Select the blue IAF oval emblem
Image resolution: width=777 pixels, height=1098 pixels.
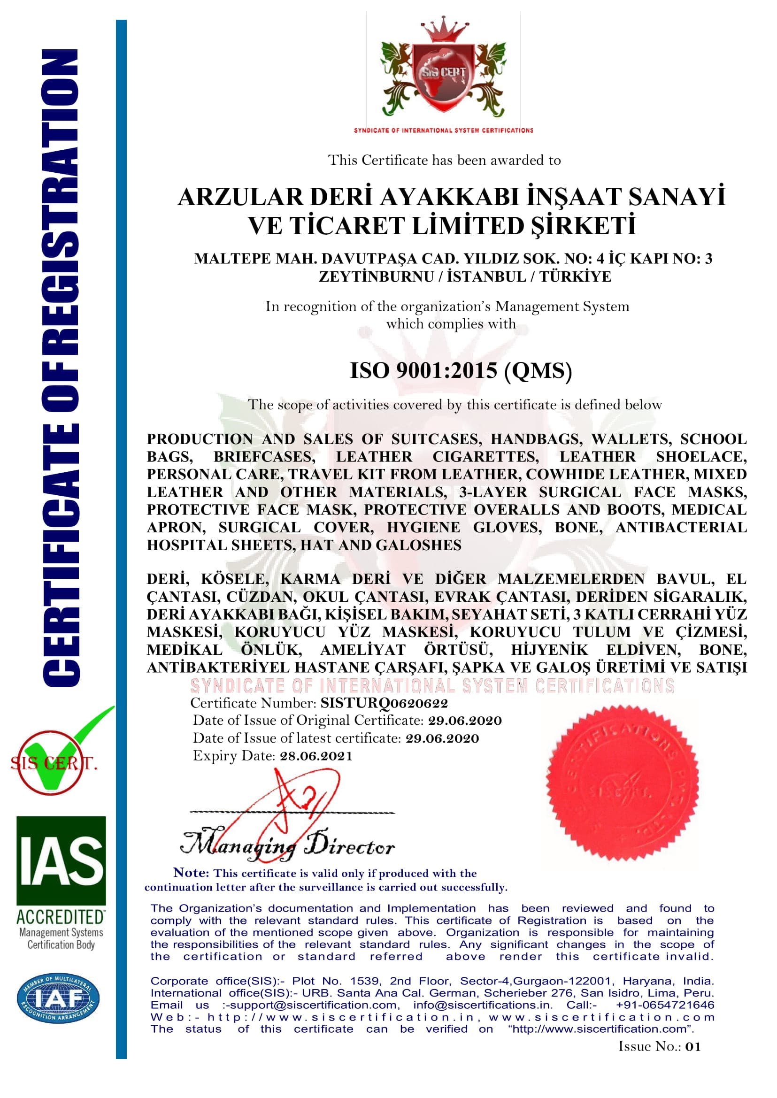click(x=58, y=998)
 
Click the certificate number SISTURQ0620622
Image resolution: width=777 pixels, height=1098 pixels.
click(x=384, y=703)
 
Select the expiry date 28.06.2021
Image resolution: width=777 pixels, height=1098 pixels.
click(x=316, y=756)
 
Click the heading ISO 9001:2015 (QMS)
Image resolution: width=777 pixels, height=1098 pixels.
click(x=460, y=371)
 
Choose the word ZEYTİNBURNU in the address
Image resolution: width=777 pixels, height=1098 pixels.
click(x=376, y=276)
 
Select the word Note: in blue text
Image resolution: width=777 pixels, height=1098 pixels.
click(x=191, y=873)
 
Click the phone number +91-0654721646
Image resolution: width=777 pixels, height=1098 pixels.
click(x=665, y=1005)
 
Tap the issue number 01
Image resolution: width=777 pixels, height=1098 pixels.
click(x=692, y=1046)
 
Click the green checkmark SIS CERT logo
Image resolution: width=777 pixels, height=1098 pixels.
click(x=57, y=760)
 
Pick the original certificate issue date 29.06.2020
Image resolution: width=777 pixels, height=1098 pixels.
click(x=465, y=721)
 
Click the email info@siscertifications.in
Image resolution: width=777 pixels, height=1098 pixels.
click(x=483, y=1005)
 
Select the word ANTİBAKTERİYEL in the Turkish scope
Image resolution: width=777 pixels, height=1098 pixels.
click(x=218, y=668)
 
